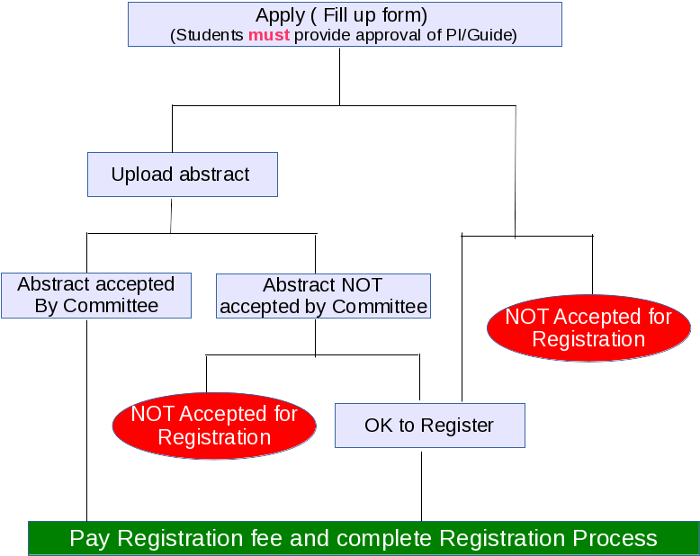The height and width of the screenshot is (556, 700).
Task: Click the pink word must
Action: [x=269, y=35]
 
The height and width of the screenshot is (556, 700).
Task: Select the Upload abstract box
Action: [x=182, y=174]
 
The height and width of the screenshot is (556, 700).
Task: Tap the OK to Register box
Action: [x=429, y=425]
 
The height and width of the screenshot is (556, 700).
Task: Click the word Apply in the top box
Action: [x=280, y=15]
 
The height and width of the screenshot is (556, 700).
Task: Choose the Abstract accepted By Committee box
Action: [x=96, y=295]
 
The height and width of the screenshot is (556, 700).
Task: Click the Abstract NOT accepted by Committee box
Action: [x=323, y=296]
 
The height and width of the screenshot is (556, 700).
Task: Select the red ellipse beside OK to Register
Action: [x=214, y=426]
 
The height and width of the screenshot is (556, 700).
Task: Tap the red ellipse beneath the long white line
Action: [x=588, y=328]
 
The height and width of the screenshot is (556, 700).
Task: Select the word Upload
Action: [x=140, y=175]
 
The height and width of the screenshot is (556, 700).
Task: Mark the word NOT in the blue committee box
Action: [x=362, y=285]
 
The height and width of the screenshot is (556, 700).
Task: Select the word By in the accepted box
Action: [x=47, y=306]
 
